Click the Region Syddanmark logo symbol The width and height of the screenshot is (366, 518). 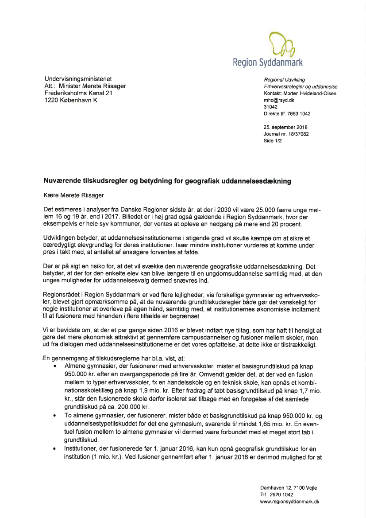[281, 44]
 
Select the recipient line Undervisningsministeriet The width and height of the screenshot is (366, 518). [78, 79]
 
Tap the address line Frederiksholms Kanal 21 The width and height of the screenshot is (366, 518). [78, 93]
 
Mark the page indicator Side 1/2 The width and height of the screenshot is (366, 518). [273, 141]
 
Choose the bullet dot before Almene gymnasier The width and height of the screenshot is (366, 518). [54, 367]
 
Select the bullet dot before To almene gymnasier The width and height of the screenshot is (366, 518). [54, 416]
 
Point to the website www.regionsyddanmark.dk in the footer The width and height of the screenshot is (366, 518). [289, 502]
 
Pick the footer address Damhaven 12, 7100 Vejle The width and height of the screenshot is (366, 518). [288, 488]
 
